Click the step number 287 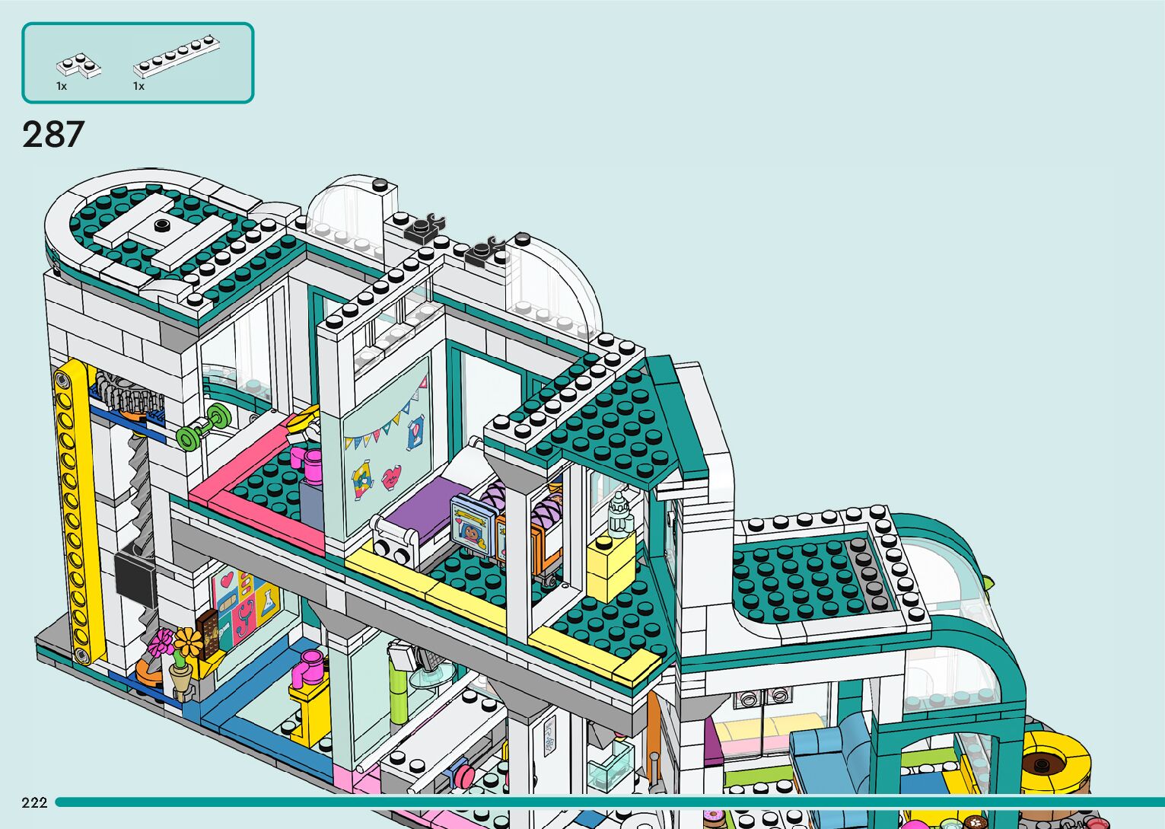pyautogui.click(x=53, y=135)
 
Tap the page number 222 pyautogui.click(x=34, y=802)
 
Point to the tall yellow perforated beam pyautogui.click(x=76, y=518)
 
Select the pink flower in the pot pyautogui.click(x=161, y=643)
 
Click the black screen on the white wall pyautogui.click(x=135, y=578)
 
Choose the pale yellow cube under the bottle pyautogui.click(x=610, y=567)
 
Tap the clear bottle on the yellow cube pyautogui.click(x=620, y=514)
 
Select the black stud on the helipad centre pyautogui.click(x=161, y=225)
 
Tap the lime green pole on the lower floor pyautogui.click(x=398, y=689)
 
